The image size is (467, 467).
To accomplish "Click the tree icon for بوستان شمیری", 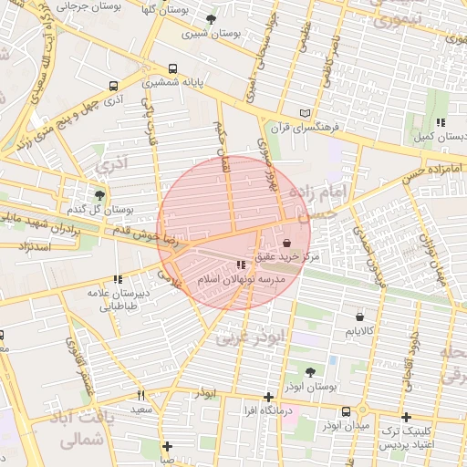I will point(212,19).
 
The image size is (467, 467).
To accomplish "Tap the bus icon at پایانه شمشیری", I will point(173,69).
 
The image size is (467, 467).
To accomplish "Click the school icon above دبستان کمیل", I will point(440,122).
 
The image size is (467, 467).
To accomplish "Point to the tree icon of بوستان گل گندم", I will point(99,195).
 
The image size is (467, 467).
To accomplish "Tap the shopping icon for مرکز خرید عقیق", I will point(288,244).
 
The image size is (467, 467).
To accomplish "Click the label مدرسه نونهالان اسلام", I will point(241,278).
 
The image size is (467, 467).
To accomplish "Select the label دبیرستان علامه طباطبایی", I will point(117,300).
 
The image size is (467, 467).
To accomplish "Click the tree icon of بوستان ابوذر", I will point(310,373).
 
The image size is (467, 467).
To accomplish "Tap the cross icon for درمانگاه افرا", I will point(267,397).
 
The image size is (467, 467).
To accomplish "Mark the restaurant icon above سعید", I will point(140,395).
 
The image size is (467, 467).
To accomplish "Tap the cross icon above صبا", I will point(167,446).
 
